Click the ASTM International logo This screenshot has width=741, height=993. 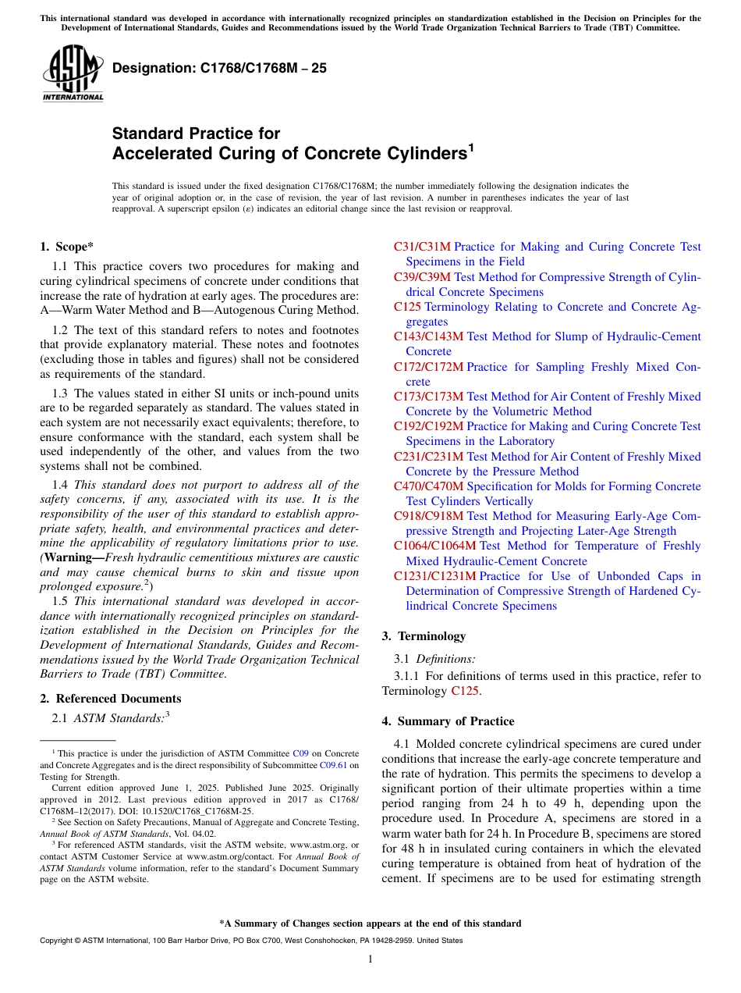(73, 73)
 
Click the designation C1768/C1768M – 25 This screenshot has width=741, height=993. (219, 69)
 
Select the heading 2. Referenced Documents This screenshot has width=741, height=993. (110, 699)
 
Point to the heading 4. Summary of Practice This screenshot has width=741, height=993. (448, 721)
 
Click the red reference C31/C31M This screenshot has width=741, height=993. (422, 247)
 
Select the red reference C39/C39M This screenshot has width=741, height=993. (422, 277)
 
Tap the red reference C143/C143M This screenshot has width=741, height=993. (428, 336)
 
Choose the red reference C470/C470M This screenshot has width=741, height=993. (428, 486)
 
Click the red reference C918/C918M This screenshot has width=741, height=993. (428, 516)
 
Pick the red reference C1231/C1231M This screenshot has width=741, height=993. (434, 576)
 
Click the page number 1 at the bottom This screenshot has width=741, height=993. (370, 959)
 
